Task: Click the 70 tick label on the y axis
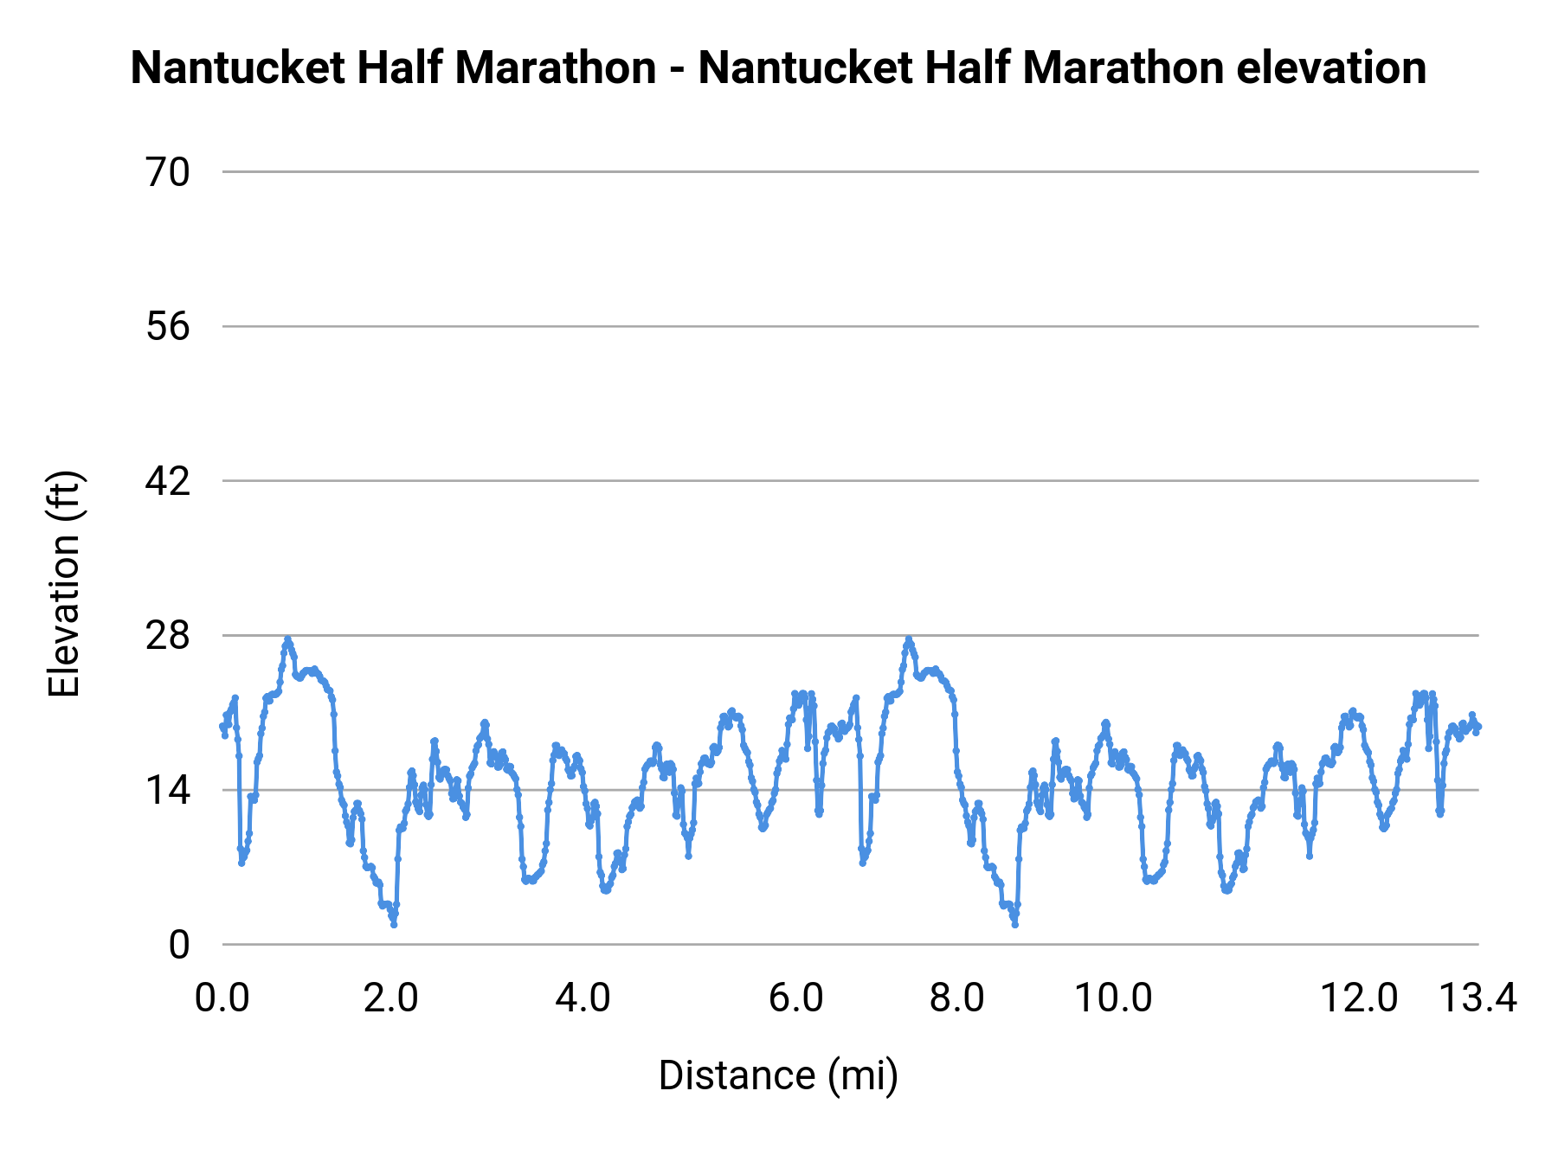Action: pos(167,173)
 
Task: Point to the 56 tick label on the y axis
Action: pos(167,327)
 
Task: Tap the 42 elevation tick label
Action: pos(167,481)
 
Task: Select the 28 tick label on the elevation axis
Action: pos(167,636)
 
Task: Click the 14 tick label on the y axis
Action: pos(167,790)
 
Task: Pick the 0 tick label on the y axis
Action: pos(178,945)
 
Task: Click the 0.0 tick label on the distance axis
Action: pos(222,998)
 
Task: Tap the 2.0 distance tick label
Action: pos(390,998)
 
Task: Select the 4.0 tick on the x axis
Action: pos(583,998)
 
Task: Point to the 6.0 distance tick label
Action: pos(795,998)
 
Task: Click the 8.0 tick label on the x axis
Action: pos(956,998)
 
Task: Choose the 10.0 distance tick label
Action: pos(1113,998)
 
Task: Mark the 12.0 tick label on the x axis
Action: pos(1359,998)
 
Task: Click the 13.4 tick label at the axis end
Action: pos(1478,998)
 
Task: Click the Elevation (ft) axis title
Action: pos(64,584)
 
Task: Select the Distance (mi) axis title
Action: pos(778,1075)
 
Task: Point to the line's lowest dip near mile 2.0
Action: pos(394,925)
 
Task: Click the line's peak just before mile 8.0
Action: pos(908,639)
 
